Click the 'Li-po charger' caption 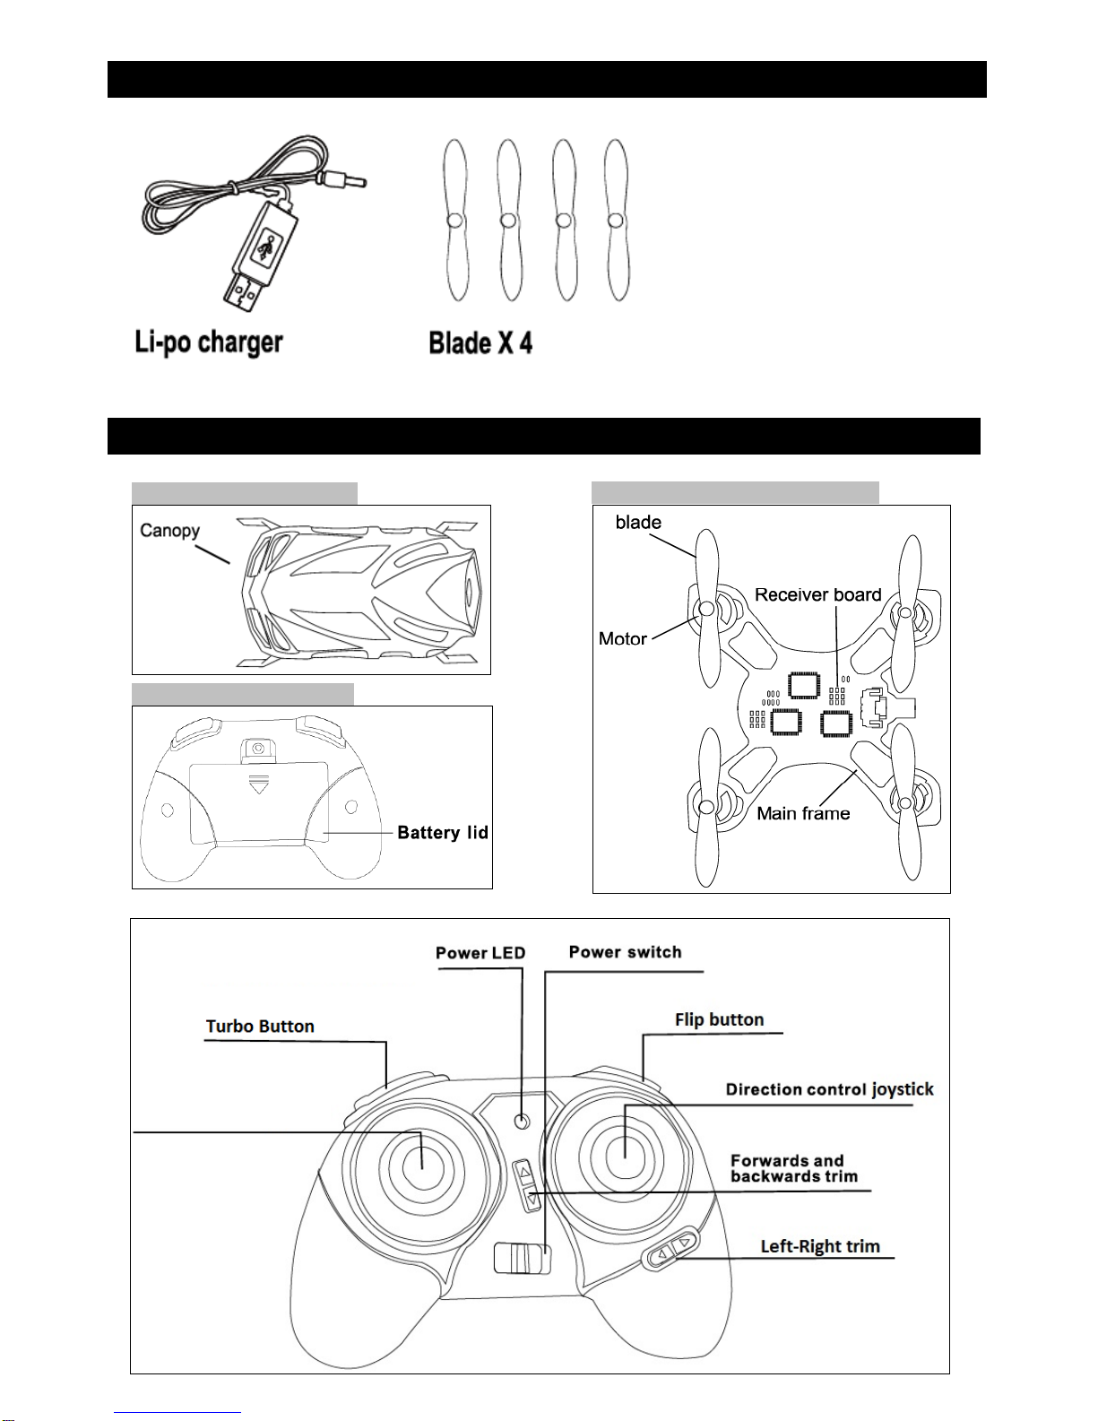(209, 342)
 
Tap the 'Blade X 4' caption (480, 342)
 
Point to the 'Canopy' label (169, 530)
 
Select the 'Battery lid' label (443, 833)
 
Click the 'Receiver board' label (817, 594)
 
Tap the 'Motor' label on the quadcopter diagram (622, 638)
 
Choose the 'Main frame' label (803, 813)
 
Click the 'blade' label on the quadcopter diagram (638, 522)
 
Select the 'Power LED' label (480, 953)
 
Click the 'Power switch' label (625, 952)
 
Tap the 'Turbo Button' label (260, 1027)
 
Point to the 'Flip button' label (719, 1019)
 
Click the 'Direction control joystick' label (829, 1089)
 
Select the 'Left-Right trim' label (820, 1246)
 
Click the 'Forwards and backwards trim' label (793, 1168)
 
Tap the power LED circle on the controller (523, 1121)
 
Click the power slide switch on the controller (522, 1258)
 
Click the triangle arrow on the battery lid (259, 786)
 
